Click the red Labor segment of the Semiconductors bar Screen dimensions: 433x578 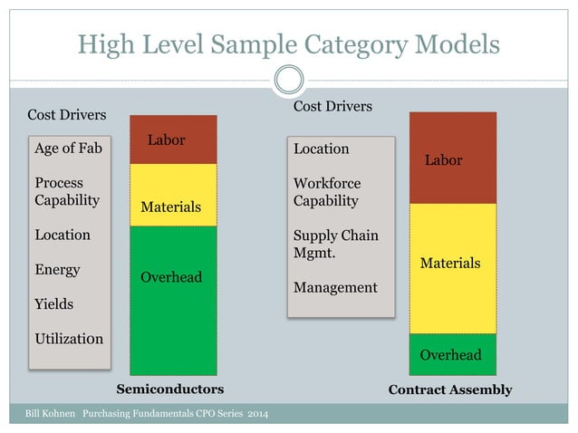(x=173, y=139)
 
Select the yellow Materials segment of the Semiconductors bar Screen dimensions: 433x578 (x=173, y=194)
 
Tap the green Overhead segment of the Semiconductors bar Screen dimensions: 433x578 (x=173, y=299)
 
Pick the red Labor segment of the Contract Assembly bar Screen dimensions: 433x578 (x=453, y=158)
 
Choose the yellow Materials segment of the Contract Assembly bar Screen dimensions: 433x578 (x=453, y=267)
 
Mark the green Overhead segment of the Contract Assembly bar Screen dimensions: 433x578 (x=453, y=354)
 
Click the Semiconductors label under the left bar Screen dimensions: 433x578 (x=170, y=390)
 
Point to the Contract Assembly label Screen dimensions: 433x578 (x=450, y=390)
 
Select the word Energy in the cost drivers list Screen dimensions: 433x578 (x=57, y=269)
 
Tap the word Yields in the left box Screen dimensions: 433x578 (x=53, y=303)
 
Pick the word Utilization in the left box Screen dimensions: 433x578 (x=69, y=339)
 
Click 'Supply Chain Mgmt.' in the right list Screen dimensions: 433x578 (x=336, y=245)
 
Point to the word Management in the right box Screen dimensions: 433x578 (x=335, y=287)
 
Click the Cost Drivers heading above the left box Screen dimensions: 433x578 (x=67, y=115)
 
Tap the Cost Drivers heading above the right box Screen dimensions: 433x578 (x=333, y=107)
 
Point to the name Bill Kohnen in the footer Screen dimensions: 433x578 (x=48, y=415)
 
